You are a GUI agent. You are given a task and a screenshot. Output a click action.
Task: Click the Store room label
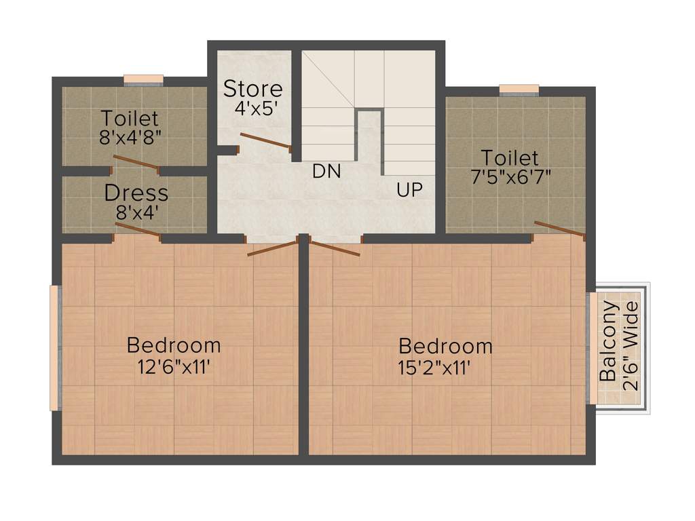(253, 89)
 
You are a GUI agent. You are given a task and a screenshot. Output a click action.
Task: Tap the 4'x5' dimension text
(252, 109)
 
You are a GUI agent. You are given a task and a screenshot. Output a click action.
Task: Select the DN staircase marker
(326, 172)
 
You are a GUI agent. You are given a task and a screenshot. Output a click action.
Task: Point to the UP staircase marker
(410, 191)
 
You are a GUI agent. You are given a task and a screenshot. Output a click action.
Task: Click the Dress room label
(136, 193)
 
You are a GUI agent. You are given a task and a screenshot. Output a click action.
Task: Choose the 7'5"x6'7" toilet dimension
(510, 177)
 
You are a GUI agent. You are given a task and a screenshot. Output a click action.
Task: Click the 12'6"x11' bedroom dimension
(174, 367)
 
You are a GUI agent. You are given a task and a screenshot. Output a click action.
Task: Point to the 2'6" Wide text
(631, 345)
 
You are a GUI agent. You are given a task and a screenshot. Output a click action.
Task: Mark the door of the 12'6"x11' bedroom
(273, 248)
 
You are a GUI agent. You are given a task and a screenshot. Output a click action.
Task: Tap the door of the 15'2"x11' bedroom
(334, 248)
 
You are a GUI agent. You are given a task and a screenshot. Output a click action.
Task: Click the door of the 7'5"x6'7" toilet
(559, 229)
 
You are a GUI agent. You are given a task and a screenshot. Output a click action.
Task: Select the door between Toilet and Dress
(136, 163)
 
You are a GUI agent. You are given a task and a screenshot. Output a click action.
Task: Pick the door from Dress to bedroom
(138, 230)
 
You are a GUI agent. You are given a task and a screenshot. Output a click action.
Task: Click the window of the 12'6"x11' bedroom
(54, 347)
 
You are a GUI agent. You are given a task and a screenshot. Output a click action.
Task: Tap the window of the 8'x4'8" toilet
(143, 79)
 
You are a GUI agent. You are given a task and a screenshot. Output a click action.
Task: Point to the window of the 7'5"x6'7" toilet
(519, 89)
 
